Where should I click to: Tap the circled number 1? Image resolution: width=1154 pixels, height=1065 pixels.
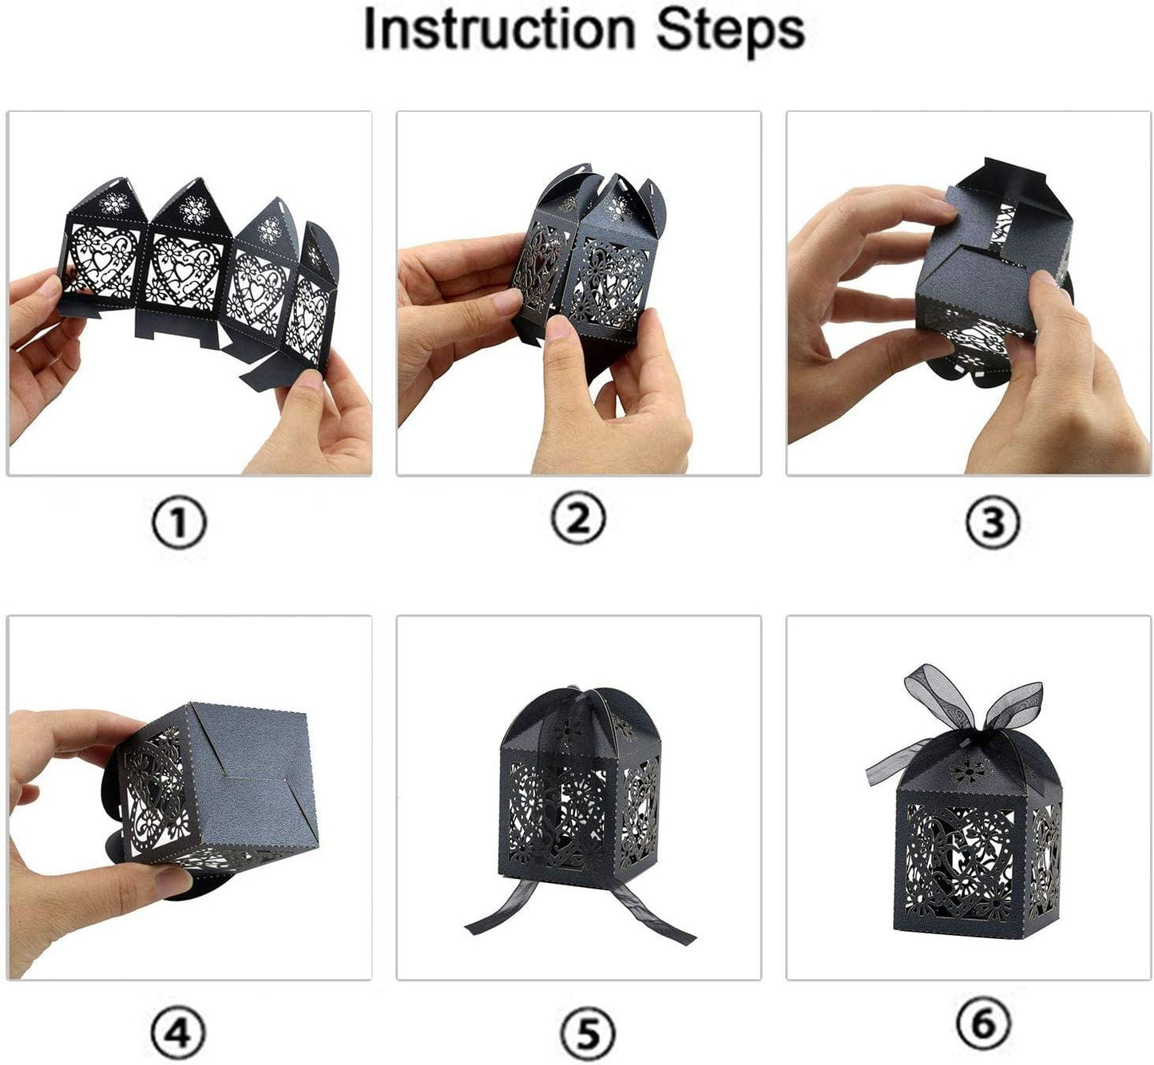(x=179, y=522)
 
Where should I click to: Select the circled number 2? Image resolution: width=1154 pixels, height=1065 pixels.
(x=578, y=520)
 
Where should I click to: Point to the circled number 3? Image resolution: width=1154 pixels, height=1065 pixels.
(x=993, y=521)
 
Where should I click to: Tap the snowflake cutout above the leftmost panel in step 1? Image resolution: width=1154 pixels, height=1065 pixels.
(x=114, y=204)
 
